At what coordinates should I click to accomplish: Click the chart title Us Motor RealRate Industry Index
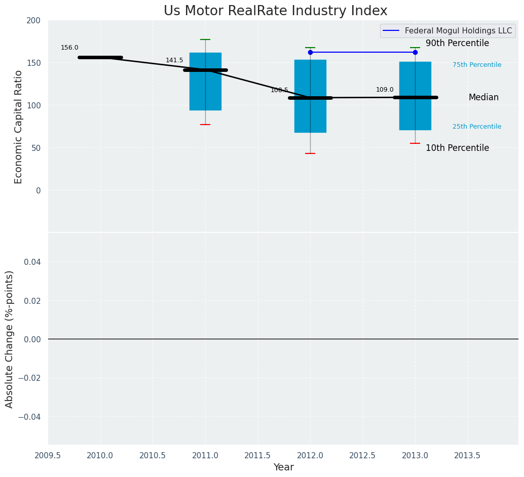275,11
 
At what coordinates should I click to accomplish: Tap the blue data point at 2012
310,52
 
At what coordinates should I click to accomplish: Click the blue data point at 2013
415,52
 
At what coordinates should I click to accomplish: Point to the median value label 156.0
69,48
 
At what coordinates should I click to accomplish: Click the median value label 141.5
174,61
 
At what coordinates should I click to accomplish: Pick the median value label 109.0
385,90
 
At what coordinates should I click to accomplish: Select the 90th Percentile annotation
457,44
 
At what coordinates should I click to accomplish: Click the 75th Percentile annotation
477,65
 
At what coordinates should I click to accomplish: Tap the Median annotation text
483,98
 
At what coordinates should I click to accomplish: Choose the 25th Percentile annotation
477,127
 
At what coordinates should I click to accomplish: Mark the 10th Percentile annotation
457,148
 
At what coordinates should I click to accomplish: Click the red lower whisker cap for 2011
205,125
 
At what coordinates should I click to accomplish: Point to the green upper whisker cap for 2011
205,39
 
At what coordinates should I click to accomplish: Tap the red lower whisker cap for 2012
310,153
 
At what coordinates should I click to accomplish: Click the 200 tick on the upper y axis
33,21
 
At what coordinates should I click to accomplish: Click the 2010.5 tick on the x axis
153,456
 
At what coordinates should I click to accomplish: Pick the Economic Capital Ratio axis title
19,127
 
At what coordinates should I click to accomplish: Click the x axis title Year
283,467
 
